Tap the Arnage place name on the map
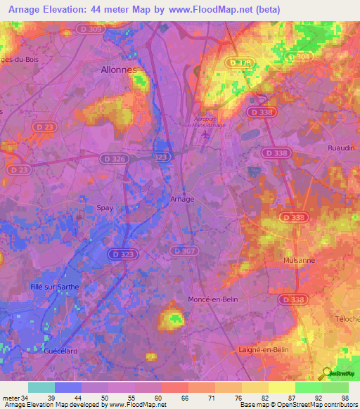click(182, 199)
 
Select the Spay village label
click(103, 208)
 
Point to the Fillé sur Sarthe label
click(56, 287)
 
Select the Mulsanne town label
click(298, 259)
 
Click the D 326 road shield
click(112, 160)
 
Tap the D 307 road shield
click(183, 251)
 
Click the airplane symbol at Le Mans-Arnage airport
click(205, 135)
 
